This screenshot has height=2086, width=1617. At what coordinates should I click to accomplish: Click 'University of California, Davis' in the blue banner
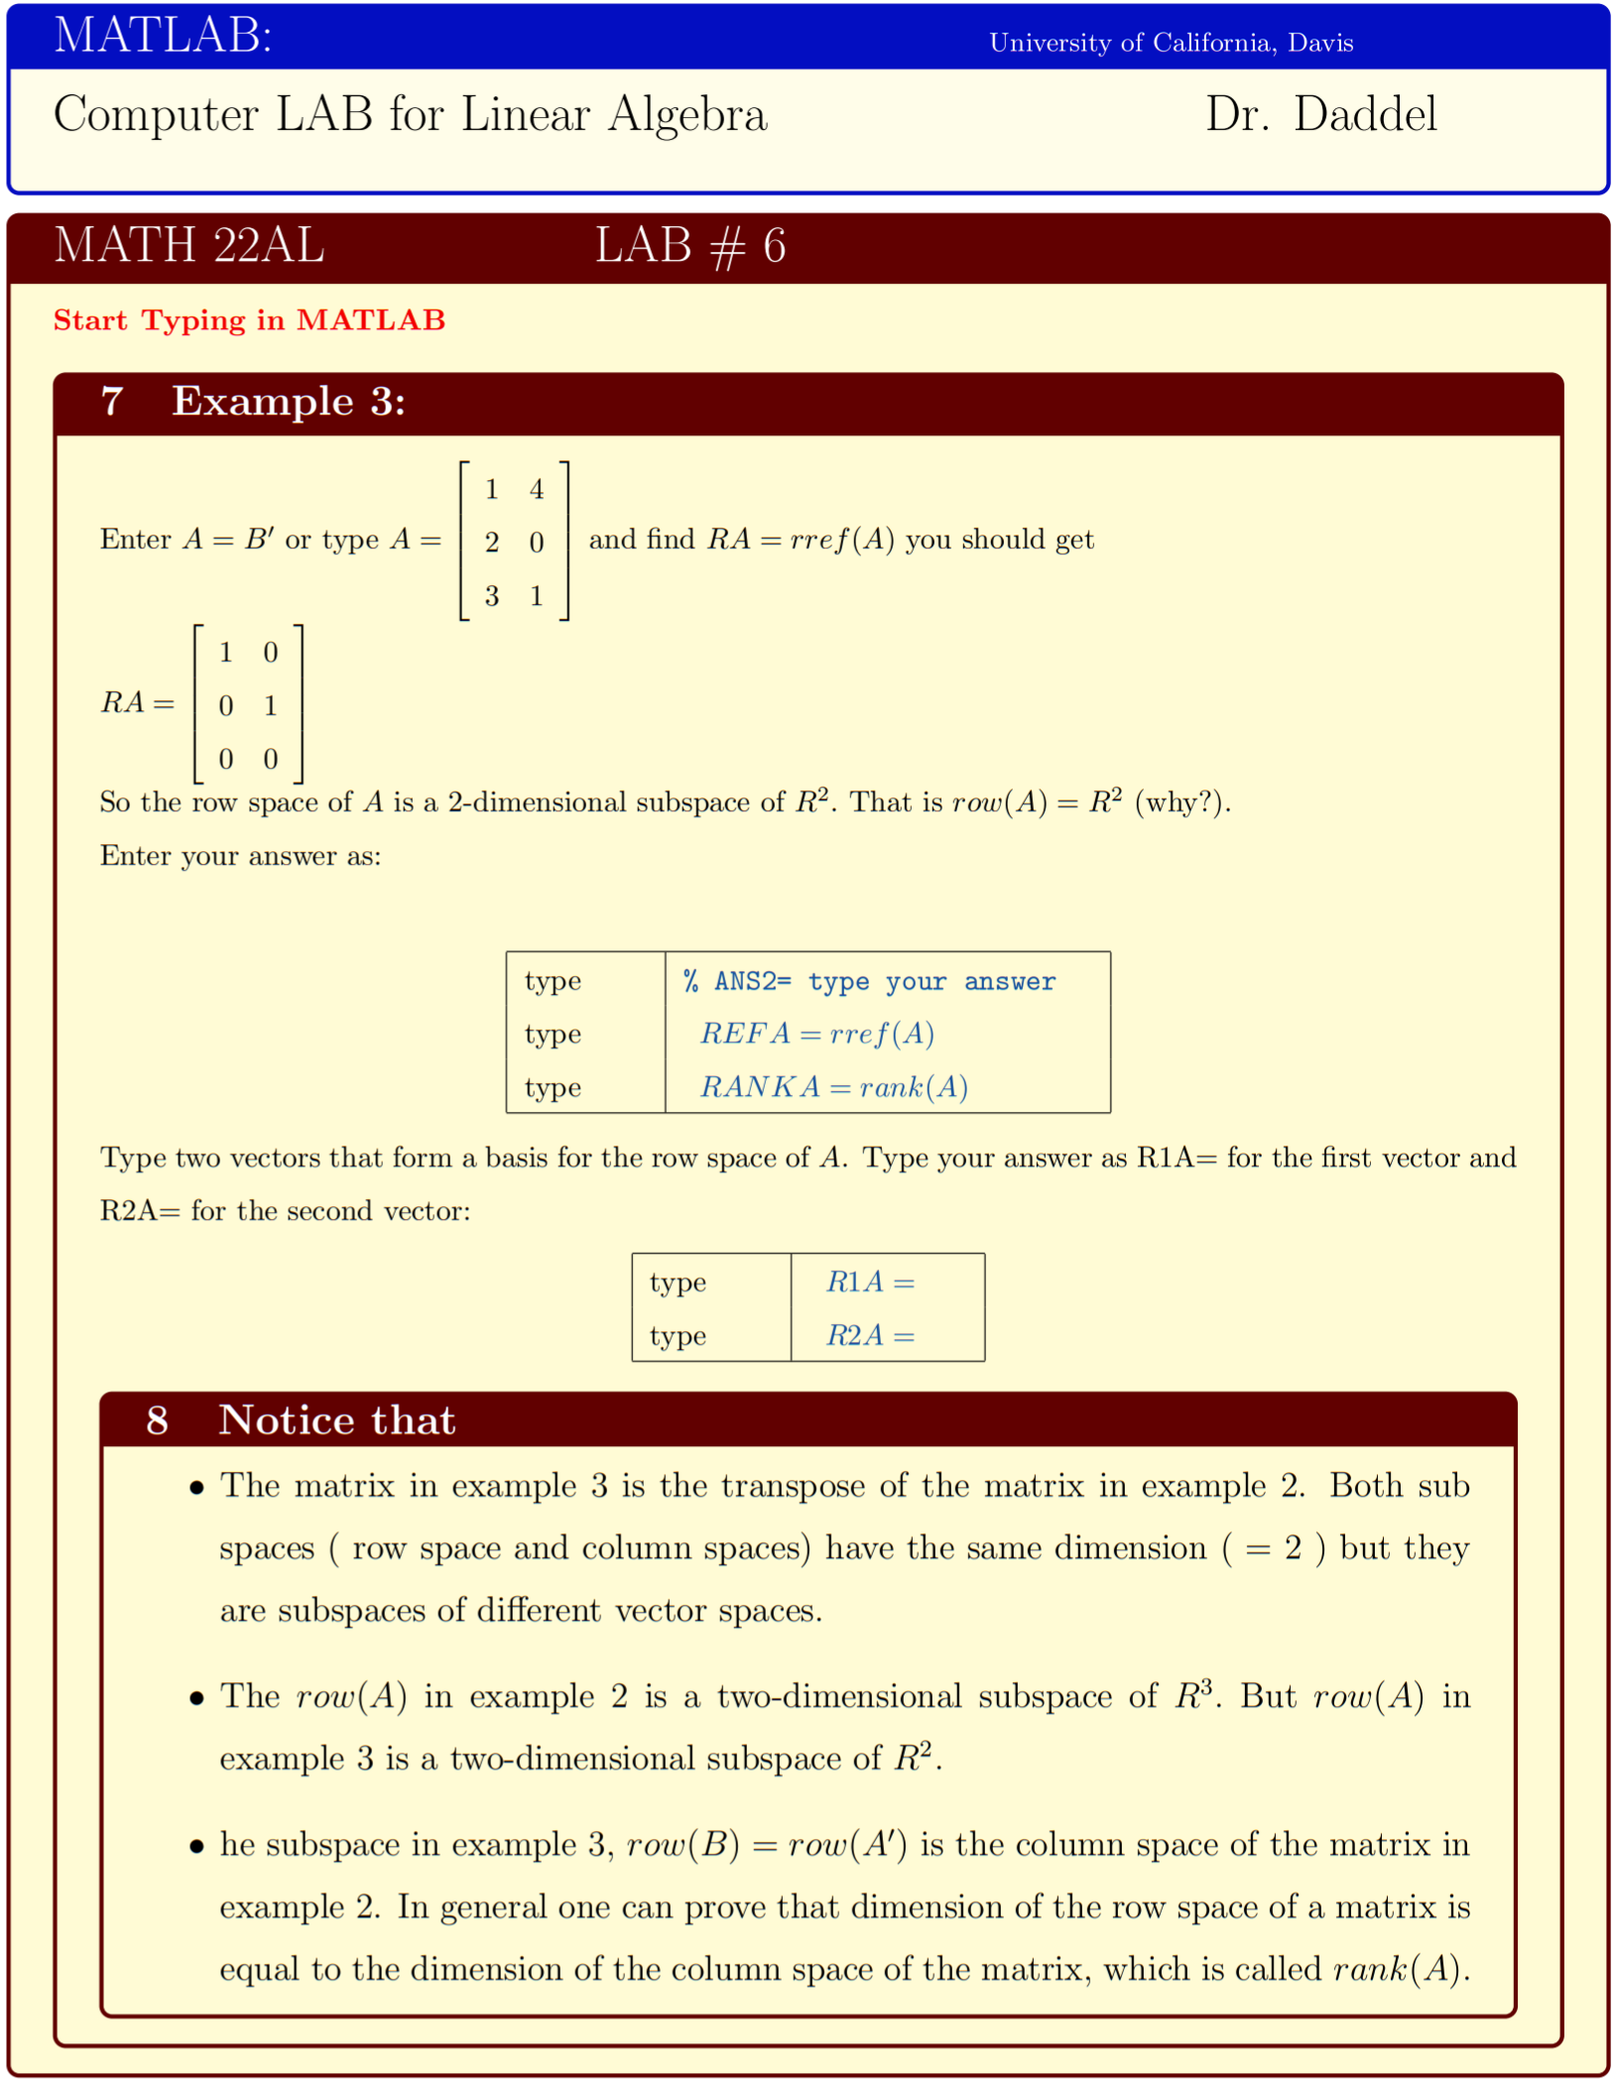1171,43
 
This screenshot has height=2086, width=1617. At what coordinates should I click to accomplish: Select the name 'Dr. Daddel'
1320,115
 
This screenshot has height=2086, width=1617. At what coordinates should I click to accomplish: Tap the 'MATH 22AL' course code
188,245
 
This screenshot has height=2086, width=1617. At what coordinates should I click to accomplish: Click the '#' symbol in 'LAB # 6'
727,247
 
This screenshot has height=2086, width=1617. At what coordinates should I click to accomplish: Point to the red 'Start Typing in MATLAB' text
249,320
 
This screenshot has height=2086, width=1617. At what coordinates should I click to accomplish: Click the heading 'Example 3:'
289,402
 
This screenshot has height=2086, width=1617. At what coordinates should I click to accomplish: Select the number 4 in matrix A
537,489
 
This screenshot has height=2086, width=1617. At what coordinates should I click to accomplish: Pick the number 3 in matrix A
491,596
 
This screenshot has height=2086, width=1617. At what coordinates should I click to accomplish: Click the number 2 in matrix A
491,543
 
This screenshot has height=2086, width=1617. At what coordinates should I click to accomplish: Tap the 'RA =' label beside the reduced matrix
137,703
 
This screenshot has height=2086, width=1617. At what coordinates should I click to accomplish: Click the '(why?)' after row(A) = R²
1182,802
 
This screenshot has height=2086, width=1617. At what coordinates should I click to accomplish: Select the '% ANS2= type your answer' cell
869,982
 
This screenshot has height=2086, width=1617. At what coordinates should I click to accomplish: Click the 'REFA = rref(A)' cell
816,1035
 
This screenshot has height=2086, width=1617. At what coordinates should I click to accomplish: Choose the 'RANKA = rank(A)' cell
833,1088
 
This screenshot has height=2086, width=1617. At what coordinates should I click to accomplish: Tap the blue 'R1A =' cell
870,1283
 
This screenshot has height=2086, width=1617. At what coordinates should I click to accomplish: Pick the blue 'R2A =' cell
870,1336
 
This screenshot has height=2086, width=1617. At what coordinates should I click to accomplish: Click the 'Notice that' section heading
337,1420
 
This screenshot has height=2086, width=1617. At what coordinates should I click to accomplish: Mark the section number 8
157,1420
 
